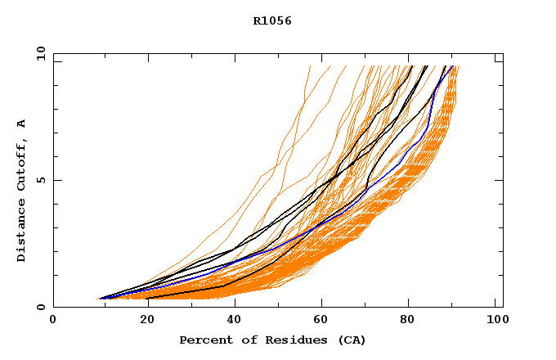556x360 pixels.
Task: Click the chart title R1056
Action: tap(272, 21)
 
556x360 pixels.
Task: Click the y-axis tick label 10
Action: tap(39, 53)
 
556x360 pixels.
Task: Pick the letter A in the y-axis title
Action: tap(21, 124)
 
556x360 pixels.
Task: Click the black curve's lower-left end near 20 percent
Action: tap(148, 298)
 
